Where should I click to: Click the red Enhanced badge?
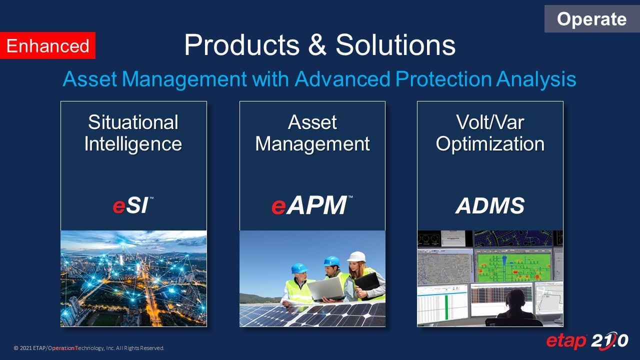tap(47, 46)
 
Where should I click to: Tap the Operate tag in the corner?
tap(591, 19)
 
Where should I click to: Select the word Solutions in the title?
tap(395, 45)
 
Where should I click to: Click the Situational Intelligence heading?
tap(133, 133)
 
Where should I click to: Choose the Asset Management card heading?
tap(312, 133)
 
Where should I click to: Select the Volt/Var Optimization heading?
tap(490, 133)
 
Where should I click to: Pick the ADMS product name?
tap(490, 205)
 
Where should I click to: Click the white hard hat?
tap(356, 256)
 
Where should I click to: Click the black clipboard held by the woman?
tap(368, 283)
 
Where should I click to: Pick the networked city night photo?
tap(133, 278)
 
